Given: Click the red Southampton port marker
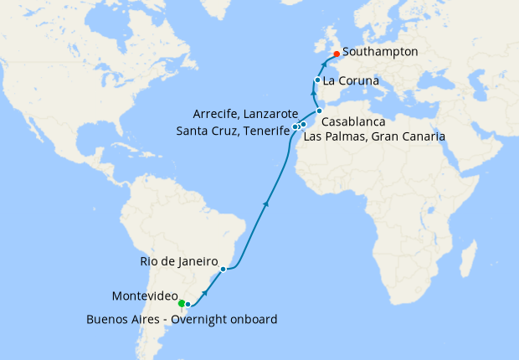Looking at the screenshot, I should pyautogui.click(x=337, y=54).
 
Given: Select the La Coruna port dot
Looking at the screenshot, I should pyautogui.click(x=317, y=80).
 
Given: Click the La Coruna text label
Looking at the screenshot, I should pyautogui.click(x=352, y=81).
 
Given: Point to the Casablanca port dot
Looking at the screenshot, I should pyautogui.click(x=319, y=111).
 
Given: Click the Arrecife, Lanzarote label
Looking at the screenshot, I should pyautogui.click(x=245, y=113).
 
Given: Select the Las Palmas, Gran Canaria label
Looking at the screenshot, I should pyautogui.click(x=374, y=135).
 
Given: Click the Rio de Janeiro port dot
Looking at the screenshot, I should pyautogui.click(x=223, y=270).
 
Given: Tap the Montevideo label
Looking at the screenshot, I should pyautogui.click(x=144, y=296).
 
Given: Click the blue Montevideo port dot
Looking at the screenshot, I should pyautogui.click(x=188, y=304).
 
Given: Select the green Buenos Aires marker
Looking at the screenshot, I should pyautogui.click(x=181, y=303).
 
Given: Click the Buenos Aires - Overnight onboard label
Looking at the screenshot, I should pyautogui.click(x=182, y=319).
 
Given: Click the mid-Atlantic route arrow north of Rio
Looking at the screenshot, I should pyautogui.click(x=266, y=202).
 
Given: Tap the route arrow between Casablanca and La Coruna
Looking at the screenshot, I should pyautogui.click(x=316, y=95).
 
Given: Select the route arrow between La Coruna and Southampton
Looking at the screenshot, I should pyautogui.click(x=323, y=64).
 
